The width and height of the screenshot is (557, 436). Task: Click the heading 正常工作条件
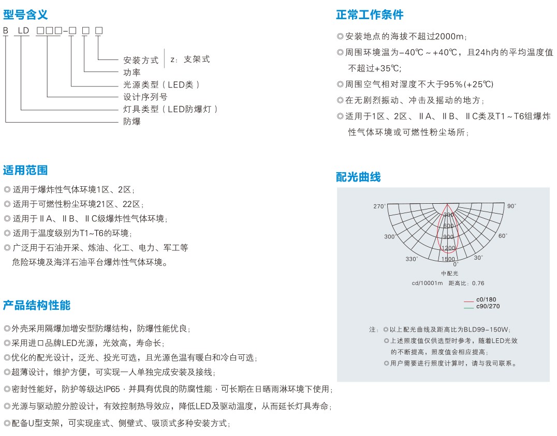click(370, 14)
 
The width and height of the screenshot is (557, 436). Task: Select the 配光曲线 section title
click(358, 177)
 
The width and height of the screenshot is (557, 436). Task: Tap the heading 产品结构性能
click(37, 305)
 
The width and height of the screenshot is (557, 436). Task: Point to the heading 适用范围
click(25, 170)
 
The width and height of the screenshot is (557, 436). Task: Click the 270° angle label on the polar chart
click(379, 206)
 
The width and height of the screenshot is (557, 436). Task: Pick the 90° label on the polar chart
click(511, 206)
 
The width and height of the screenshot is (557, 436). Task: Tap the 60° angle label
click(502, 236)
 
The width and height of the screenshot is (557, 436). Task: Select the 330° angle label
click(411, 259)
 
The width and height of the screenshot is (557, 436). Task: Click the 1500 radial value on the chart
click(448, 259)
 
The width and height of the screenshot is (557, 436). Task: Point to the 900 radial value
click(448, 237)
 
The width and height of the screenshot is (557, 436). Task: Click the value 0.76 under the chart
click(478, 283)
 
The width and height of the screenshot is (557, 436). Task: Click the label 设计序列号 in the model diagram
click(145, 97)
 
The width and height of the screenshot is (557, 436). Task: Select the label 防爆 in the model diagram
click(132, 122)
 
